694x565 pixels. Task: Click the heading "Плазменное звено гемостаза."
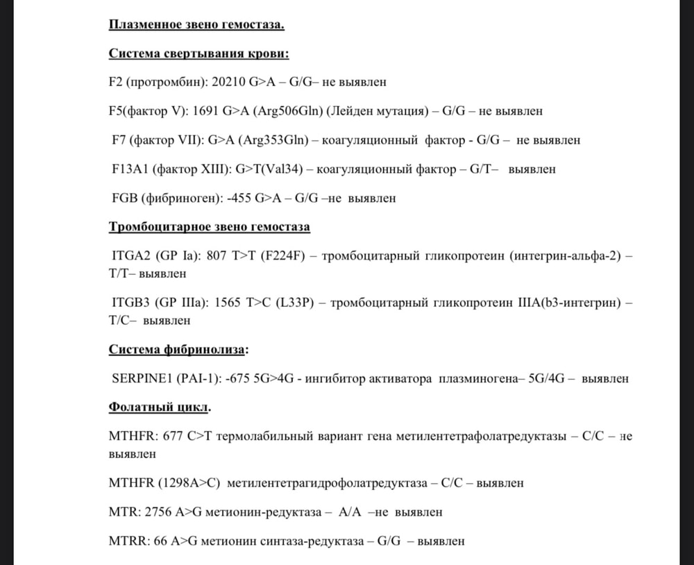(x=196, y=26)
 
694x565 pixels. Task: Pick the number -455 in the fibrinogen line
(x=239, y=198)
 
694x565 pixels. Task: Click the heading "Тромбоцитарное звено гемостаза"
(x=210, y=227)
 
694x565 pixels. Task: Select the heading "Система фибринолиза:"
(x=178, y=349)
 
